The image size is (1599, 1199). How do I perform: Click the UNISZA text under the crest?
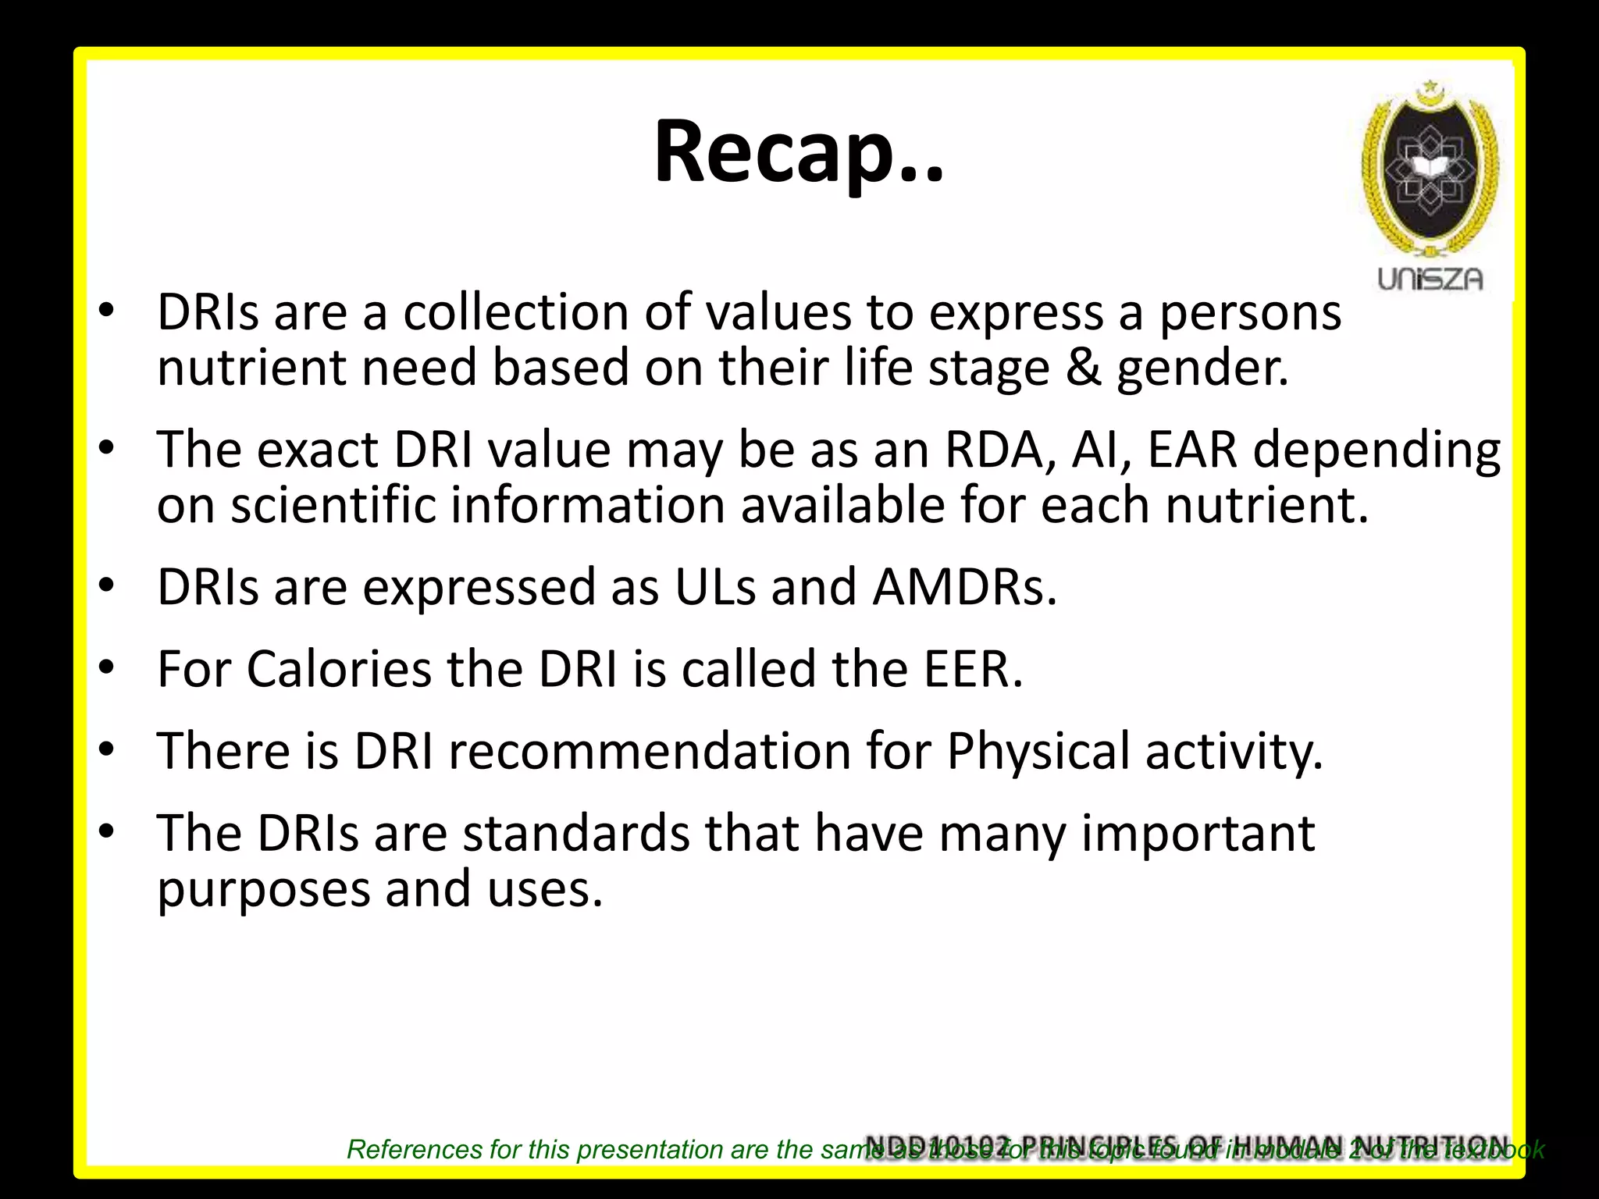click(1430, 279)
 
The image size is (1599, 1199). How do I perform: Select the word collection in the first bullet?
click(516, 312)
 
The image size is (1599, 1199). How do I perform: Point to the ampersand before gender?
click(1083, 368)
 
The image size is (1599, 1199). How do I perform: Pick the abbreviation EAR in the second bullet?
click(1193, 450)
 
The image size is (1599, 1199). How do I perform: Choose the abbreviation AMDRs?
click(965, 587)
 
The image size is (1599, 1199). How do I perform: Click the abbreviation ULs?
click(715, 587)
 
